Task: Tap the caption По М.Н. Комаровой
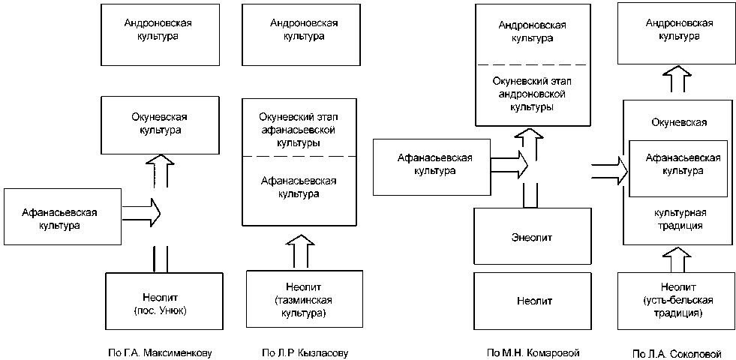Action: (533, 352)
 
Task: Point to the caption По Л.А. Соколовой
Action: (676, 352)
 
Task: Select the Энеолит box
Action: (534, 236)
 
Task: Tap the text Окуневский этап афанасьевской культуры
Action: (299, 129)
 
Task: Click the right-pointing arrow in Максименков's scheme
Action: (142, 211)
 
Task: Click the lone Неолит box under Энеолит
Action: (534, 301)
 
